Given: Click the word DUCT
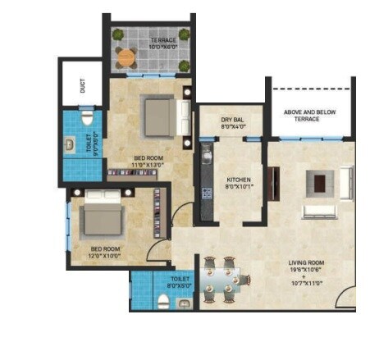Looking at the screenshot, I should click(83, 86).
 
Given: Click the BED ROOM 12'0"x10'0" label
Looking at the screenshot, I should click(106, 252).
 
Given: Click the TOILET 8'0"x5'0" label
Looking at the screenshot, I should click(180, 283).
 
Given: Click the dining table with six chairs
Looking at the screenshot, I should click(219, 279).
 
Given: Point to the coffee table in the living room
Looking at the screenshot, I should click(320, 182).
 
